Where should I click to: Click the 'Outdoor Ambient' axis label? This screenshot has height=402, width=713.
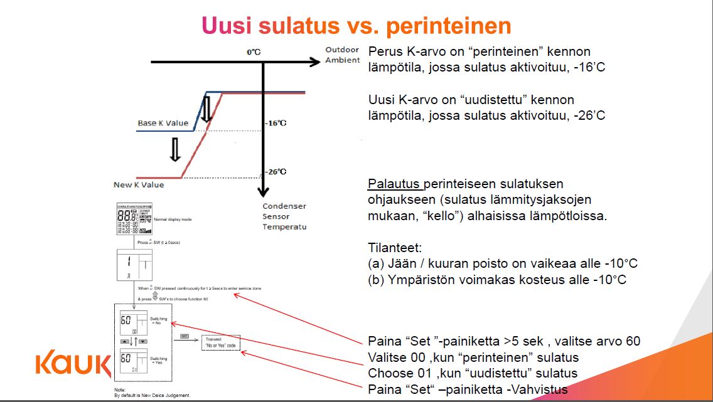[342, 55]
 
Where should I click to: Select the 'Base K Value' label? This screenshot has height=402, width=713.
[163, 123]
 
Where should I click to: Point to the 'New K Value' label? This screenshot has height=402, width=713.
[139, 184]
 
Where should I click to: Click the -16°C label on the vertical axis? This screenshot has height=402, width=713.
[275, 123]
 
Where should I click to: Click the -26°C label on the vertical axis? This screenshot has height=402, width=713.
[275, 171]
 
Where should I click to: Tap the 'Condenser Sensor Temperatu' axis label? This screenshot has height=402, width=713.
[284, 216]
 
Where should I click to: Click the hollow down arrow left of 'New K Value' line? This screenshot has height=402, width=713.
[176, 149]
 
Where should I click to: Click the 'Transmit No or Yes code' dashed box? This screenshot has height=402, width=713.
[220, 342]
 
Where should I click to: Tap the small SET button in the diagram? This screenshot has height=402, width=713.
[185, 337]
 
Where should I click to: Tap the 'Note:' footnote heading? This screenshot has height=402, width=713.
[119, 391]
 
